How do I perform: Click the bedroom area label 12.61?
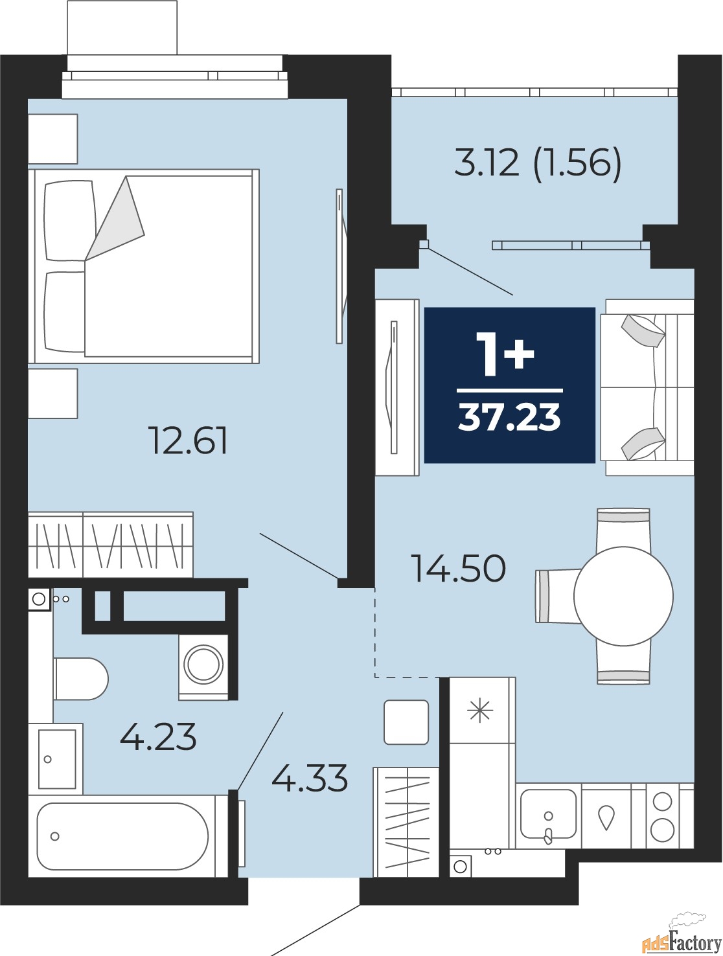coord(188,440)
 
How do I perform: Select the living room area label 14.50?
coord(460,568)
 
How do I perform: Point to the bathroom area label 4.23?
coord(158,736)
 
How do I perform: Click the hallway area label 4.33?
coord(310,777)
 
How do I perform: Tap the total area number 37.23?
coord(509,416)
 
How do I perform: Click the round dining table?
coord(623,596)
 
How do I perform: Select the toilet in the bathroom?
coord(80,679)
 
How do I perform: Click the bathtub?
coord(122,836)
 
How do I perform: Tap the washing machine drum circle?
coord(203,665)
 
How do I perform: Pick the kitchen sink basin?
coord(548,814)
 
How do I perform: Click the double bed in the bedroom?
coord(144,266)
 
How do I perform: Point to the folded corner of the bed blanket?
coord(115,218)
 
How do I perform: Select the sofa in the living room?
coord(647,387)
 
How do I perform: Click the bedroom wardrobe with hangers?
coord(111,545)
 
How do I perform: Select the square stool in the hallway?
coord(406,722)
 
